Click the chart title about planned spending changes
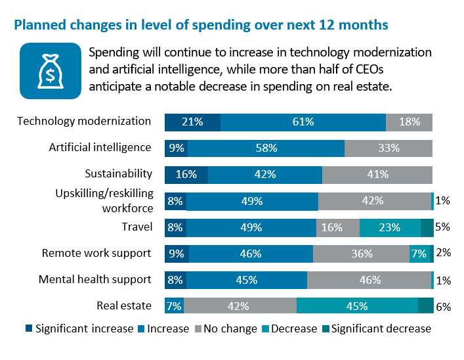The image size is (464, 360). point(201,26)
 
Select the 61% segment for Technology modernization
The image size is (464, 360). point(303,122)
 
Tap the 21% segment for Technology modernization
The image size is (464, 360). point(192,122)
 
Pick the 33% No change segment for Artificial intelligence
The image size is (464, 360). point(389,148)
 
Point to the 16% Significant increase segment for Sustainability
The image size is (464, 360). point(186,175)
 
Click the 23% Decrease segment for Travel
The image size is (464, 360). point(390,227)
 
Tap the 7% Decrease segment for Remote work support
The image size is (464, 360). point(419,254)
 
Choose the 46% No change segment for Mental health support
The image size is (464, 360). point(369,280)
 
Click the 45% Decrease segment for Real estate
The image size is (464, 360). point(357,306)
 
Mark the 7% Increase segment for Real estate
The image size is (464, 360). point(174,306)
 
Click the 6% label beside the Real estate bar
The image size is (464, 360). point(443,306)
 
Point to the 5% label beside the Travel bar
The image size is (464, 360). point(443,227)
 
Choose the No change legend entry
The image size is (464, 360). point(222,328)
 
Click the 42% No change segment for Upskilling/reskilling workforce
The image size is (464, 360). point(374,201)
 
